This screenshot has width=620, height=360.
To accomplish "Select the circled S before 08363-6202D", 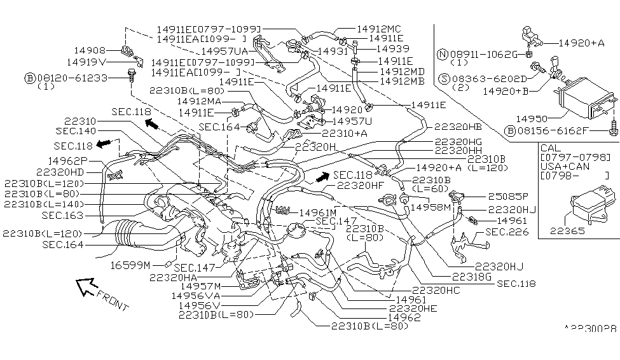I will point(445,79).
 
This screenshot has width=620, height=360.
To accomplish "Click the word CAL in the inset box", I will point(548,148).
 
